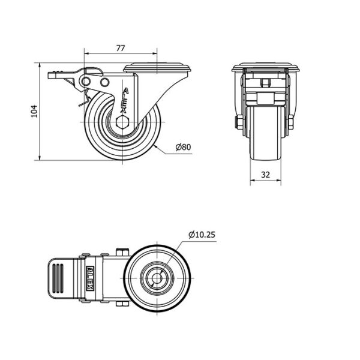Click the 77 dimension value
pos(121,48)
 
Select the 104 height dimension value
pos(34,112)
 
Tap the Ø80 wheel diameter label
pos(183,147)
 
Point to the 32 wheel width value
pos(265,175)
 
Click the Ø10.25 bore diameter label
pos(202,235)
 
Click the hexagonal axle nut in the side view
pos(122,122)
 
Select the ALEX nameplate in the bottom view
pos(90,278)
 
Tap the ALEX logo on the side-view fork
pos(125,100)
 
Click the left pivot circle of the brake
pos(86,81)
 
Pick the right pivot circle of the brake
pos(104,82)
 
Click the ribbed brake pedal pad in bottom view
pos(58,278)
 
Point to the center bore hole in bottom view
pos(157,278)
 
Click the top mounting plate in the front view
pos(266,67)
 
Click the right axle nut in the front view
pos(290,122)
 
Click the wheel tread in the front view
pos(266,133)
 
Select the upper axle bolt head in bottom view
pos(122,252)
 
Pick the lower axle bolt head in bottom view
pos(122,304)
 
